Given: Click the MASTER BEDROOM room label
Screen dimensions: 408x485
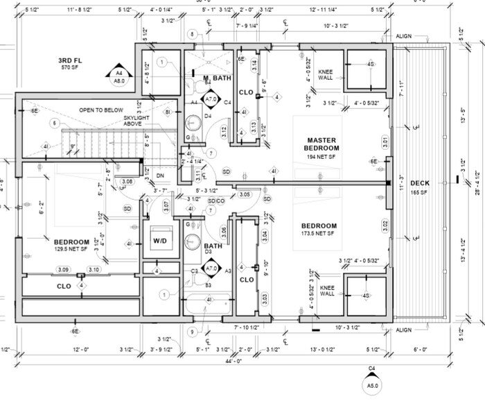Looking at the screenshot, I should click(322, 144).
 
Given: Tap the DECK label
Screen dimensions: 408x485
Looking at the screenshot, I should click(420, 183).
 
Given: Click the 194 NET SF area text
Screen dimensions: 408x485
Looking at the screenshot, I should click(322, 158).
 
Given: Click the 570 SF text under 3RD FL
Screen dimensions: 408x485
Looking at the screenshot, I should click(71, 69).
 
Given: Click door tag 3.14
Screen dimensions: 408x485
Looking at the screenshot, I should click(254, 65).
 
